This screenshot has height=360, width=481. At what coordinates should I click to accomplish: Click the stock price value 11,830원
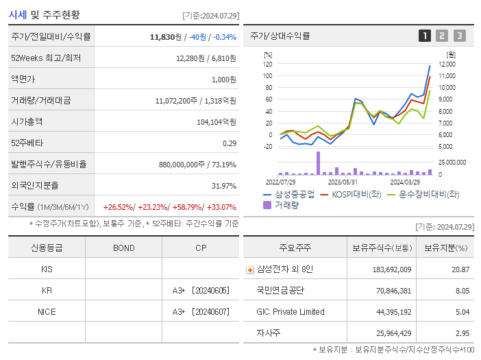166,36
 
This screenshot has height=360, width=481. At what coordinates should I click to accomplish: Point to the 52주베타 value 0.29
229,143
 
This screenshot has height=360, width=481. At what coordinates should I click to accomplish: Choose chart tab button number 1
425,36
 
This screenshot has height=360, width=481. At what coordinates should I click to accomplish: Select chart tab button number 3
459,36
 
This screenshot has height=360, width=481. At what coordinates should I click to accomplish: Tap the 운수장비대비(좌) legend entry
428,194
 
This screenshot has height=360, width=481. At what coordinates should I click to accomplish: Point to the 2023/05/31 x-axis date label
343,182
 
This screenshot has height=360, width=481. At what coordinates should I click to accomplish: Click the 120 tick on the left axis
267,64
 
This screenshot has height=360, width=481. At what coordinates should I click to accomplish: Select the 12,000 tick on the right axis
447,64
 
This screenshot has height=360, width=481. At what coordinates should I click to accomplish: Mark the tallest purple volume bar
318,163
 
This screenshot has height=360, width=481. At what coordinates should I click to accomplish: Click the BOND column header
123,248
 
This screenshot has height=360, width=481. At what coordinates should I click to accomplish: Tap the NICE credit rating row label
47,311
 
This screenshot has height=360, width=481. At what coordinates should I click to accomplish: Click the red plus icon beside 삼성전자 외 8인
250,269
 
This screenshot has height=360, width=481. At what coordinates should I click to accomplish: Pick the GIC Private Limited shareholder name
291,312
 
